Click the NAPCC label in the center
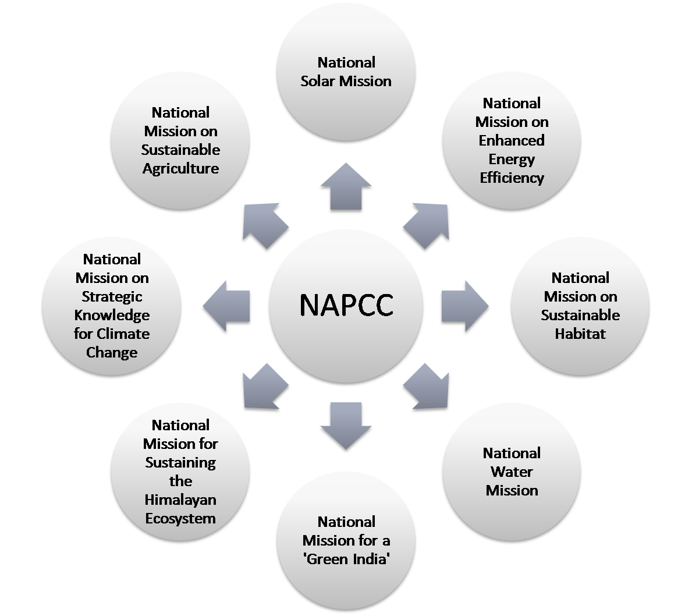tap(346, 305)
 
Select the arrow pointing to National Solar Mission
tap(346, 186)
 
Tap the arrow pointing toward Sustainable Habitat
tap(464, 306)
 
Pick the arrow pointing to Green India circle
tap(346, 426)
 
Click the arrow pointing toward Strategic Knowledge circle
tap(226, 306)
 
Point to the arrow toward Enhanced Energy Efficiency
tap(427, 226)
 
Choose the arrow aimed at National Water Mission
tap(427, 386)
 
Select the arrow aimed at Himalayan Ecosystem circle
tap(265, 386)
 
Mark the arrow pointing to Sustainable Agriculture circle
tap(265, 226)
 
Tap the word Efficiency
tap(512, 178)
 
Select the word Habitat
tap(580, 334)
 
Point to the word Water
tap(512, 472)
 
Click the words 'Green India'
tap(346, 559)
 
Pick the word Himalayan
tap(180, 500)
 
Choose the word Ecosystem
tap(180, 518)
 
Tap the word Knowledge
tap(112, 316)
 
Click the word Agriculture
tap(180, 169)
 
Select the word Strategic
tap(112, 297)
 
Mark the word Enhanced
tap(512, 140)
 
